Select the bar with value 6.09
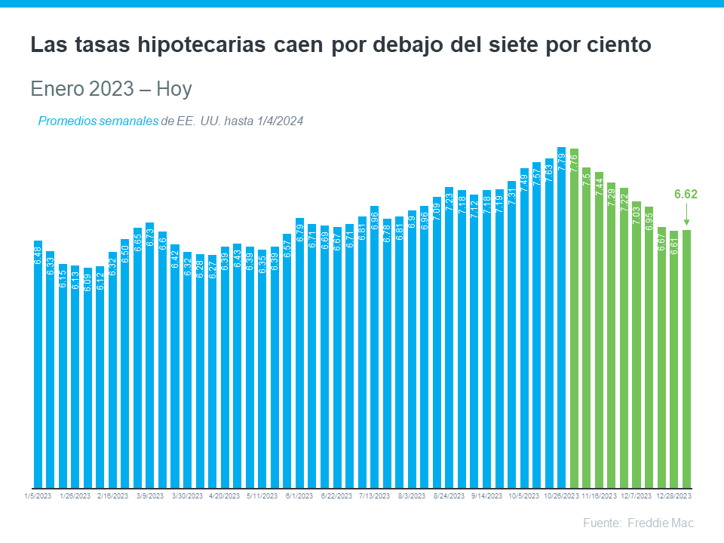point(87,377)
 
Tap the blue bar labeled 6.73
point(149,355)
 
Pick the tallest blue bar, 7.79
point(562,318)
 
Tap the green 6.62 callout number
point(686,195)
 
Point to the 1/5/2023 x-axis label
point(37,496)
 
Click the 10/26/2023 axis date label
point(561,496)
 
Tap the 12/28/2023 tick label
point(673,496)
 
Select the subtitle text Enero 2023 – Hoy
point(111,89)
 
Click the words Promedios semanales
point(97,121)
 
